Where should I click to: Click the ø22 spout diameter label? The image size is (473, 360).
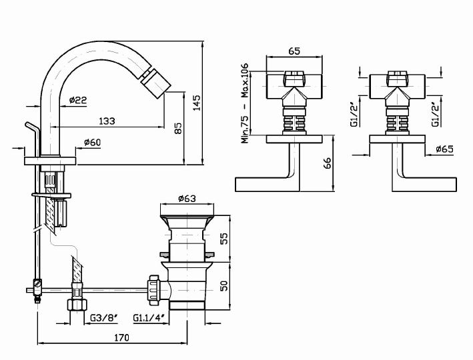(79, 101)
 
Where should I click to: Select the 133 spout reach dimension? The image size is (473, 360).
(106, 121)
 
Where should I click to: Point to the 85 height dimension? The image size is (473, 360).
(177, 128)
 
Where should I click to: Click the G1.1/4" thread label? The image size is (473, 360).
(149, 318)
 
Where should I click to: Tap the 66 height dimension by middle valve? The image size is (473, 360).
(327, 163)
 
